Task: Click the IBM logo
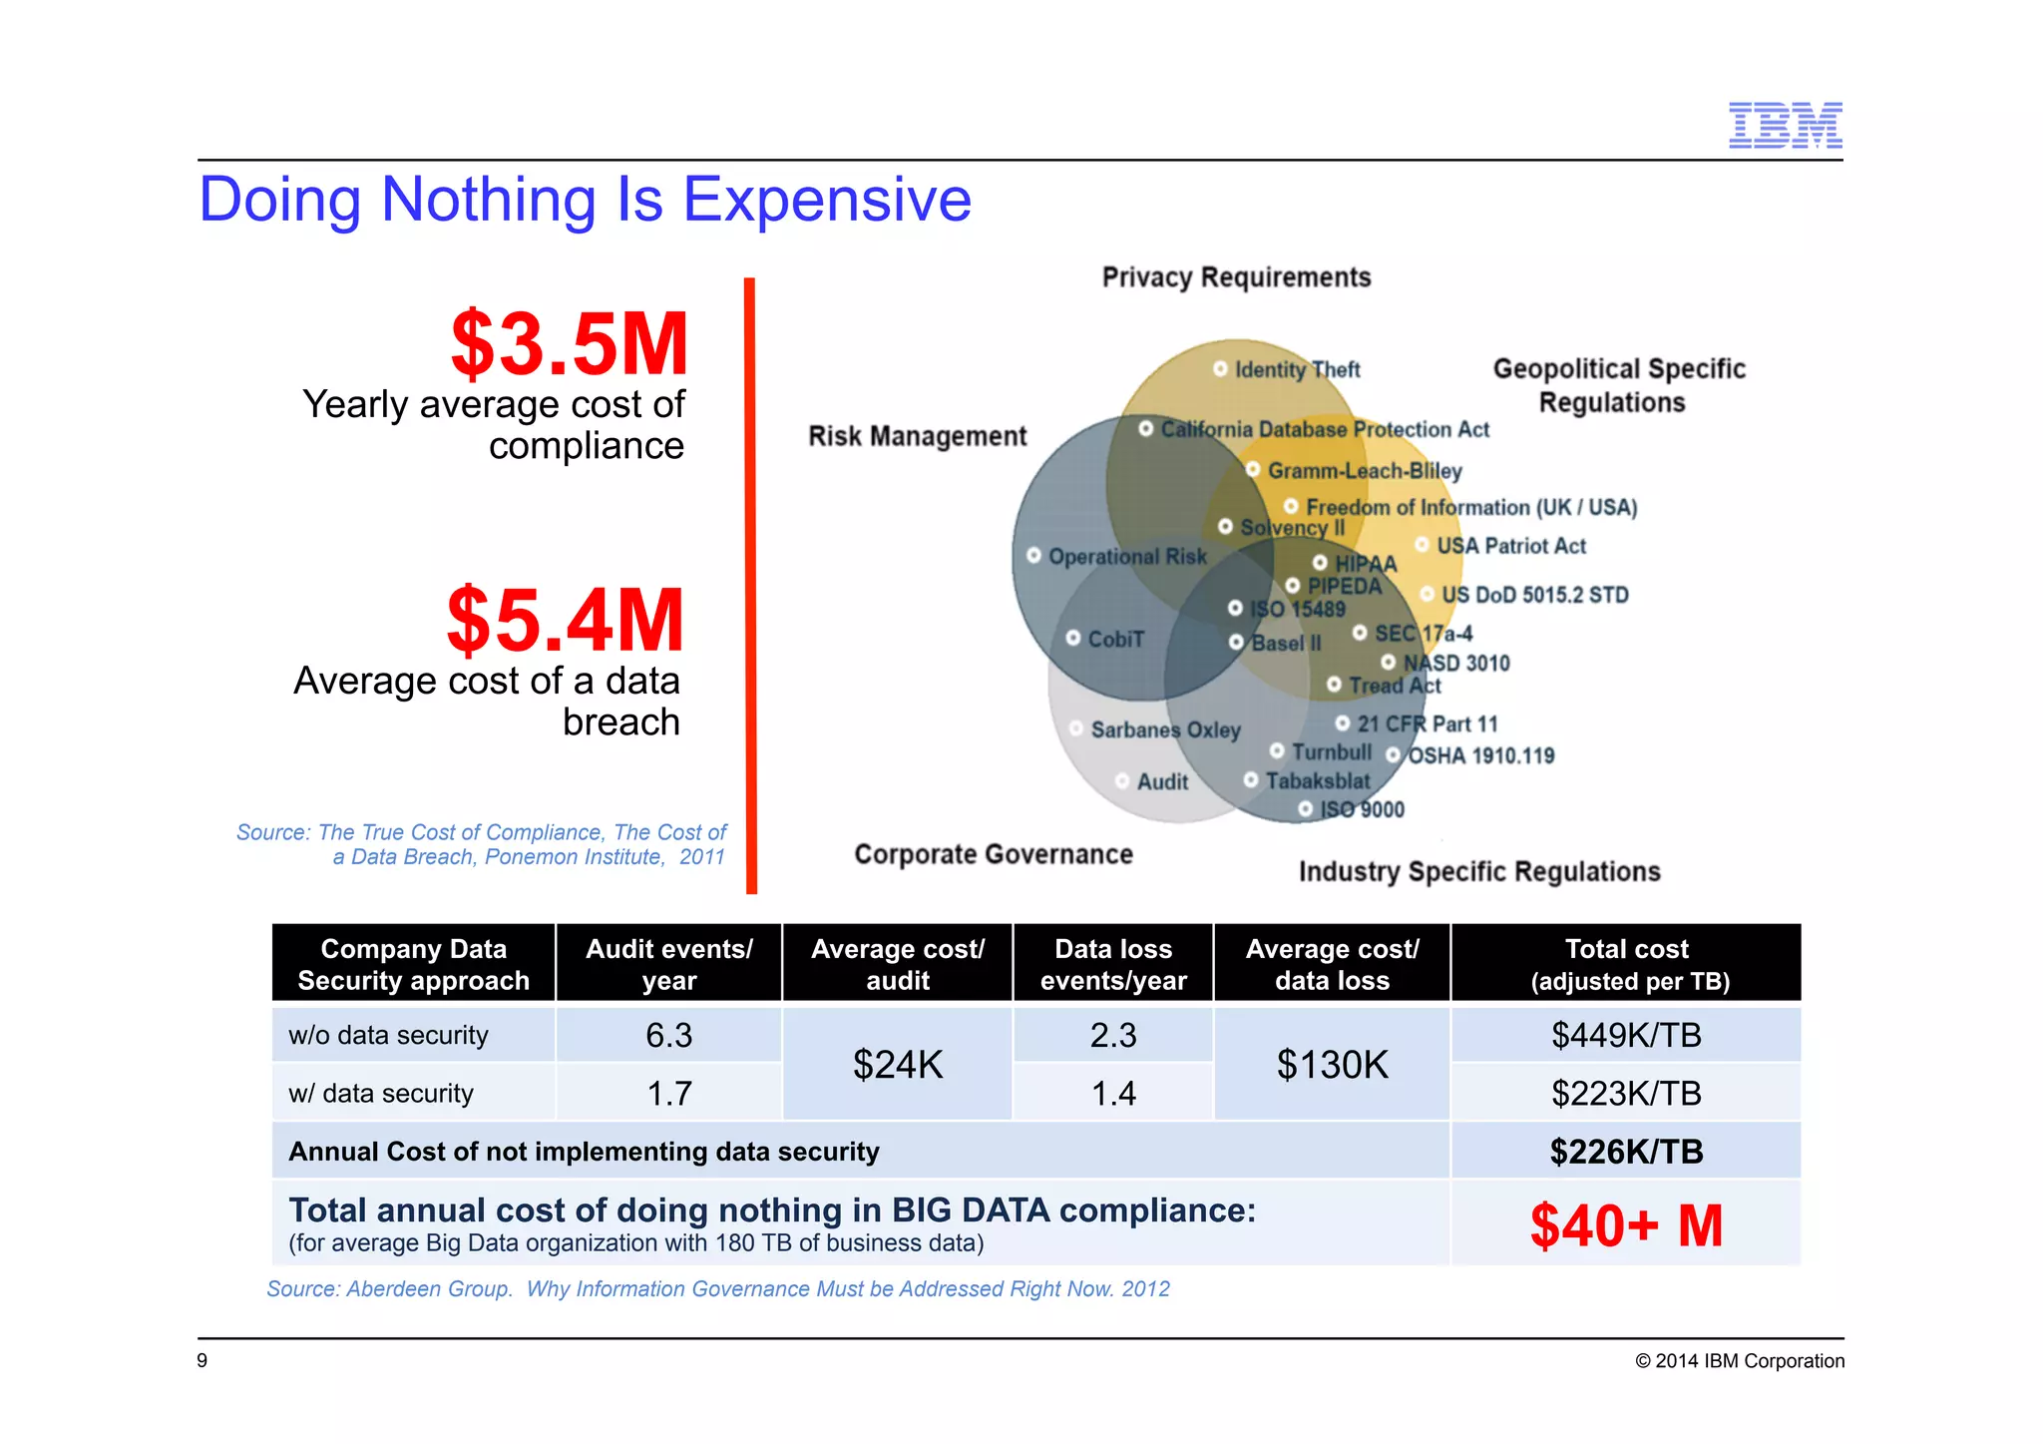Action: tap(1785, 125)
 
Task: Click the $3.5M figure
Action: tap(570, 344)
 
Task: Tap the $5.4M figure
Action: tap(566, 620)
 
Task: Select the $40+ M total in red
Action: tap(1626, 1225)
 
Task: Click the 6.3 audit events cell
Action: tap(668, 1035)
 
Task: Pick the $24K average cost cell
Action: tap(897, 1064)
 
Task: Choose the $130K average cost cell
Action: tap(1332, 1064)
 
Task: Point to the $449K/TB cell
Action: tap(1626, 1035)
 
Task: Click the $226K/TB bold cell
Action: tap(1626, 1152)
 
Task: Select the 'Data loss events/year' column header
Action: tap(1113, 964)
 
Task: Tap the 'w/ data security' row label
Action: tap(381, 1093)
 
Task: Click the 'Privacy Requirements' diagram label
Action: tap(1236, 277)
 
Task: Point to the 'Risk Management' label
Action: tap(917, 436)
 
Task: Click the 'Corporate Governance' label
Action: tap(994, 854)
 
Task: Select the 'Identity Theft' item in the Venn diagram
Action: tap(1296, 369)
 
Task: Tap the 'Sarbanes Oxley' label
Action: tap(1164, 729)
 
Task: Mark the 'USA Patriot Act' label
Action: tap(1510, 546)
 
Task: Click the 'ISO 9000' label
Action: tap(1361, 809)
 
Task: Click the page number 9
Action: tap(203, 1360)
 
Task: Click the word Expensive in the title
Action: tap(826, 199)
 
